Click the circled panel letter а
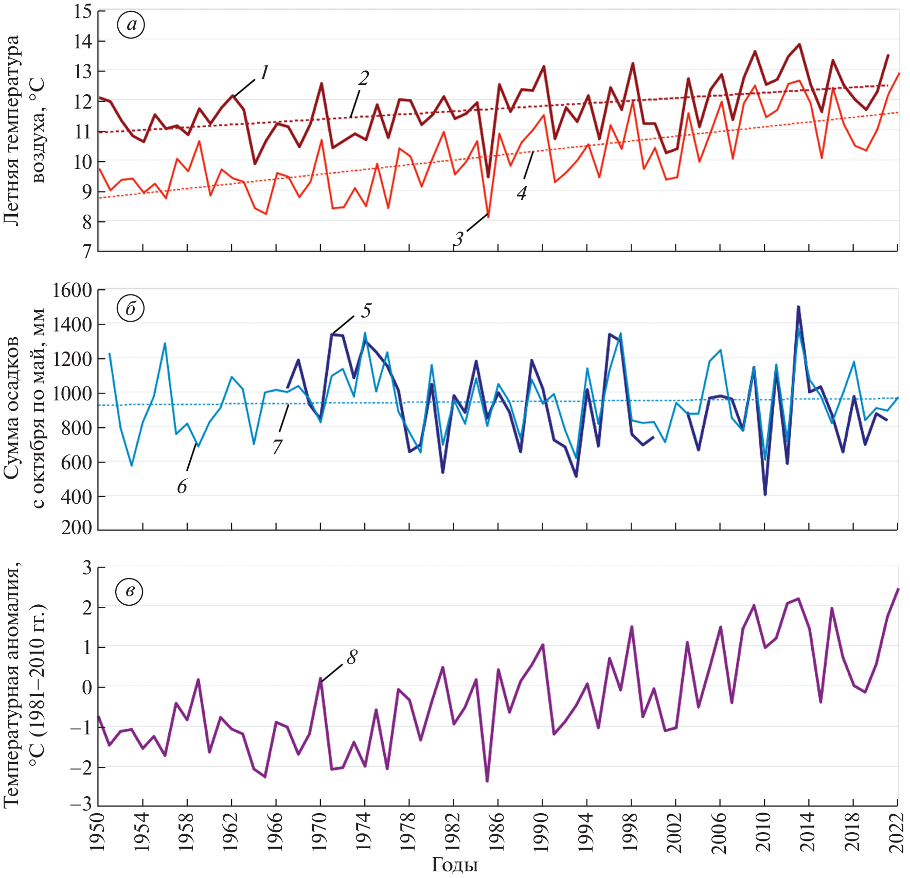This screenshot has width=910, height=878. [131, 25]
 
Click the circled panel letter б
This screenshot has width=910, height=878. [130, 309]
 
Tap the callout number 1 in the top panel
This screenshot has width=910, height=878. [264, 73]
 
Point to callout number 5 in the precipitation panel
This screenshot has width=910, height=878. [366, 311]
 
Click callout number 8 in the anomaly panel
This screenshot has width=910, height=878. [352, 657]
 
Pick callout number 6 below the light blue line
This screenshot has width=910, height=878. [182, 486]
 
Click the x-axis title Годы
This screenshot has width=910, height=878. [454, 865]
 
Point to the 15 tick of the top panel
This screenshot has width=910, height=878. [82, 11]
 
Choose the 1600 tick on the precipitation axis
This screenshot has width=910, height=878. [72, 291]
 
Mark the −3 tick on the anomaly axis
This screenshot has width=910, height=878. [80, 805]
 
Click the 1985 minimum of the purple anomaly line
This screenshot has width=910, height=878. [487, 781]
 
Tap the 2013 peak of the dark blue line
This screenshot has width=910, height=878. [798, 307]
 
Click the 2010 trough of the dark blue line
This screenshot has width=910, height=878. [765, 495]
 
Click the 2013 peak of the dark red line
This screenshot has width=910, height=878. [799, 44]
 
